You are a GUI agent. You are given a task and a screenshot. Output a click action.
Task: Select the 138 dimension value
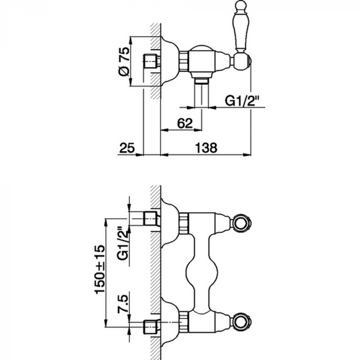tap(205, 148)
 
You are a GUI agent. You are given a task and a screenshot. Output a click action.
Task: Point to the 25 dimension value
tap(127, 148)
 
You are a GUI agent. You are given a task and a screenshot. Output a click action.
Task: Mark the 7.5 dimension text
tap(121, 304)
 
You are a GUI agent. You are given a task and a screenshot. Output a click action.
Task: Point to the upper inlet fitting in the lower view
tap(151, 218)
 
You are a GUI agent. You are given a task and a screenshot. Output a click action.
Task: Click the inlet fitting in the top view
tap(151, 60)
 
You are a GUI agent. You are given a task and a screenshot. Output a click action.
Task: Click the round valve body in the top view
tap(203, 62)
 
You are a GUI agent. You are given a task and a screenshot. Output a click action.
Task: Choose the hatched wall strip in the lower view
tap(154, 267)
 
